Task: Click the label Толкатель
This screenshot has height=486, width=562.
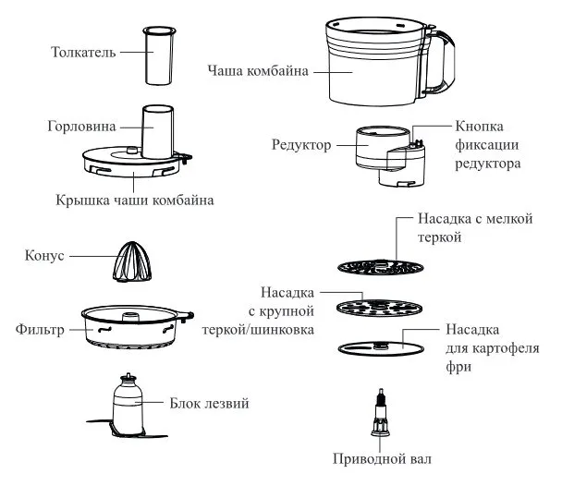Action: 82,52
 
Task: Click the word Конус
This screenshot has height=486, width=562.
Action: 46,256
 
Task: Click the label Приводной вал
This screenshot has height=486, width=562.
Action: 382,458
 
